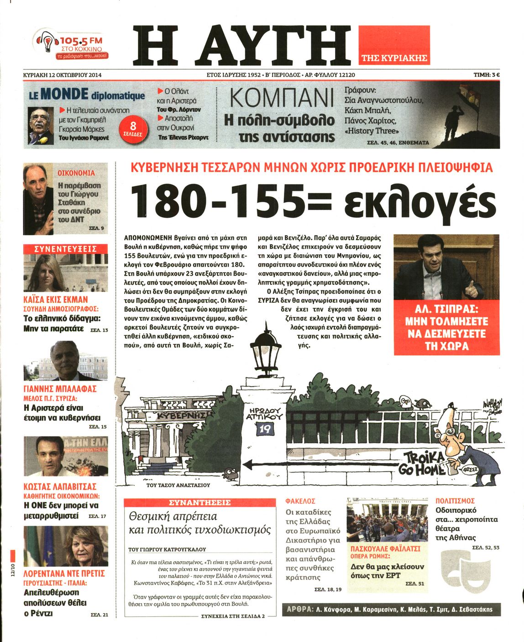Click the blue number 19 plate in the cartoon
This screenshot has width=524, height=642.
point(264,428)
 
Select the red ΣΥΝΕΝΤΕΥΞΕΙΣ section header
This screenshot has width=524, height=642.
point(66,249)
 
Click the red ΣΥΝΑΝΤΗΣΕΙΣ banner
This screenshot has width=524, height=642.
point(200,502)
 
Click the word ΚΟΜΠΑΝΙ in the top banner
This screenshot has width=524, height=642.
point(279,98)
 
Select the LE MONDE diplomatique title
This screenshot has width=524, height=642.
point(87,95)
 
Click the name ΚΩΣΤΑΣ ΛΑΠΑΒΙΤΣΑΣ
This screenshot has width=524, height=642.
point(60,487)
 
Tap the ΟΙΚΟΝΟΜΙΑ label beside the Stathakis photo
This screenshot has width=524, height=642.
point(76,173)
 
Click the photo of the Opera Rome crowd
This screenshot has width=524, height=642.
point(383,519)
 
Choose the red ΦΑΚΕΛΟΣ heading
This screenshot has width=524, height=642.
point(300,501)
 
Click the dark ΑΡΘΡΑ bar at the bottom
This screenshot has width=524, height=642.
point(391,609)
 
